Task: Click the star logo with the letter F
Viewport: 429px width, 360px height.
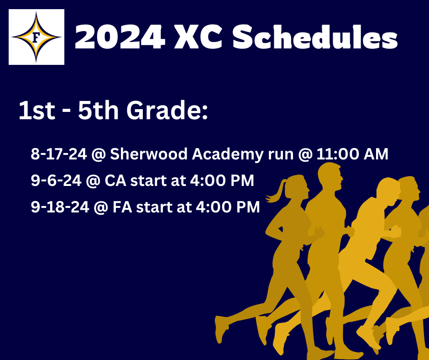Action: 37,37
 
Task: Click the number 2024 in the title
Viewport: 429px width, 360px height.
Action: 120,37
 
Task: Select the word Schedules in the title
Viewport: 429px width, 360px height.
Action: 315,37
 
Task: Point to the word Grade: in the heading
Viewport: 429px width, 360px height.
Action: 167,110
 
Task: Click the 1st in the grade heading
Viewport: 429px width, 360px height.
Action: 37,110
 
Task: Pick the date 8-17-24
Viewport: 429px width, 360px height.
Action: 59,154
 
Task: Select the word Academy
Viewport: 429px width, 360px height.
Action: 228,154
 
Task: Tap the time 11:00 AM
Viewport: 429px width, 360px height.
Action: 352,154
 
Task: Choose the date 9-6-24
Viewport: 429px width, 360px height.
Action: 56,180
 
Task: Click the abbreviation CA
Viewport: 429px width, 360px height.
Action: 115,180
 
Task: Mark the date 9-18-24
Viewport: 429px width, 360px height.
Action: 60,207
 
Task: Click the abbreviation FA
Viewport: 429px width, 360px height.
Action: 122,207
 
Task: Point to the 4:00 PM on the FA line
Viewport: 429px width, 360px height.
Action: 228,207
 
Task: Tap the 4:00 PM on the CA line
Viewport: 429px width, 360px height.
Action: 222,180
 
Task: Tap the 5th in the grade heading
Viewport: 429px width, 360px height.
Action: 98,110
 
